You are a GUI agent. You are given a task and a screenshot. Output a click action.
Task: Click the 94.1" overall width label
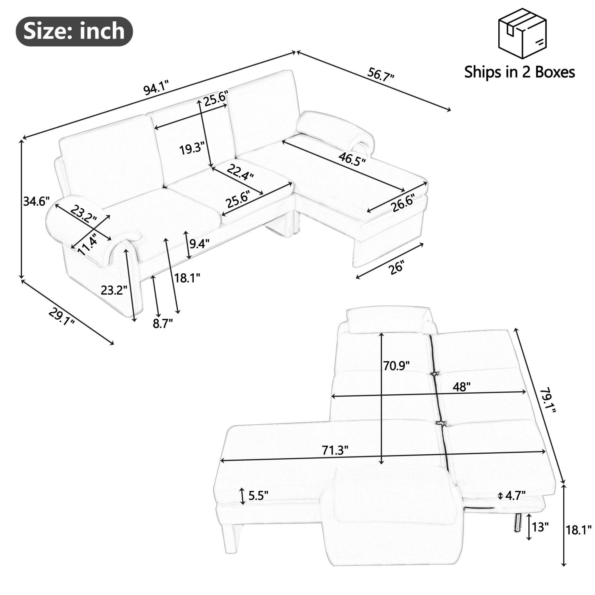156,89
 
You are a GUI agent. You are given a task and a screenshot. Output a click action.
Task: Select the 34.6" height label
36,202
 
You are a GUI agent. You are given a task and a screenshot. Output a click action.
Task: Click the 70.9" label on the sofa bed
396,366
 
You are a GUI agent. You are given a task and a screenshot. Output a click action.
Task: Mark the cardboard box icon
522,34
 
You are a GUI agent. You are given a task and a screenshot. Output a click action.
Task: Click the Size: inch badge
74,31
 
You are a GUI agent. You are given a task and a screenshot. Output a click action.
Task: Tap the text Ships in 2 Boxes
519,72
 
